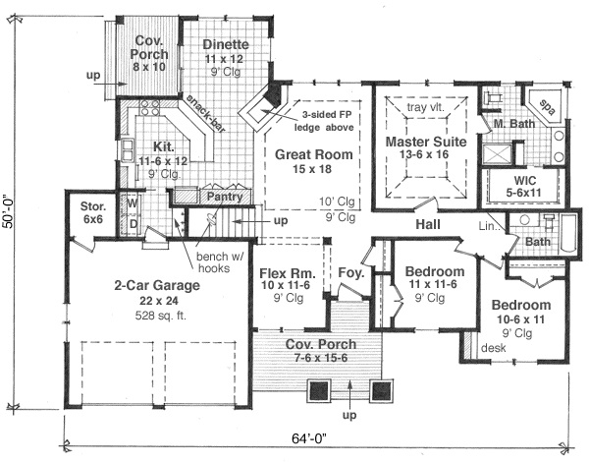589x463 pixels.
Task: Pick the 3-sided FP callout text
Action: click(323, 118)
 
